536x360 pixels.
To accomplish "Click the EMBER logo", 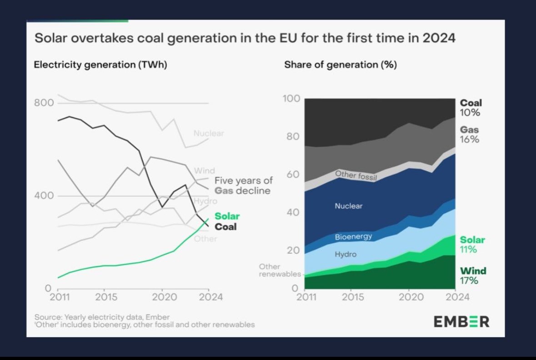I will [x=461, y=321].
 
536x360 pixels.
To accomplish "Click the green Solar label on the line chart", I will [x=227, y=216].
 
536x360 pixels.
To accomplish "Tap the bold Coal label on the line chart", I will [x=225, y=226].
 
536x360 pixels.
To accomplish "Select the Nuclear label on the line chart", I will [x=209, y=134].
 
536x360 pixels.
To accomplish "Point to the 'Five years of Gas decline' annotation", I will [x=243, y=185].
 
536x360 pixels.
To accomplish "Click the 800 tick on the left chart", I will [x=44, y=103].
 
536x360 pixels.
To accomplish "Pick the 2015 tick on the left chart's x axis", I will [x=105, y=297].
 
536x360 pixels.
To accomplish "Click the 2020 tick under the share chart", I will [x=409, y=297].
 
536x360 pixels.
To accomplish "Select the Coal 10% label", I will [x=471, y=108].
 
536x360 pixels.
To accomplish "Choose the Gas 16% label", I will [x=470, y=135].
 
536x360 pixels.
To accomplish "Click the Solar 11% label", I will [x=472, y=245].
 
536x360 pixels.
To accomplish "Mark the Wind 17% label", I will [x=473, y=276].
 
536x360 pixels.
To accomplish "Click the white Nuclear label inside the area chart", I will [x=349, y=206].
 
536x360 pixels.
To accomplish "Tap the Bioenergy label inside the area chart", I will [x=353, y=237].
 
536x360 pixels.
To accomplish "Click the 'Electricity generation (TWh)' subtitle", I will [x=100, y=65].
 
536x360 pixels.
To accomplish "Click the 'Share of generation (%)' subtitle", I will [x=341, y=65].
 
